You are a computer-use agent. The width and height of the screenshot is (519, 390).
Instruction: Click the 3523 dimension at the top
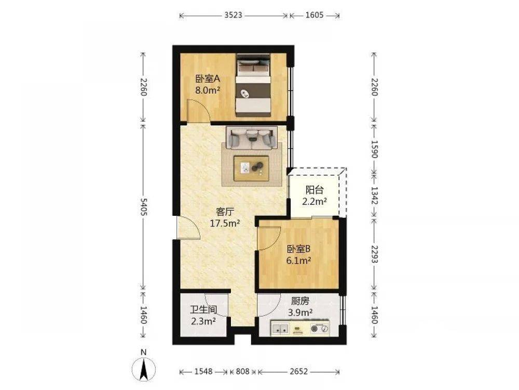tap(234, 15)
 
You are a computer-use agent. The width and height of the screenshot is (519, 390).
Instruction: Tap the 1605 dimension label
tap(315, 15)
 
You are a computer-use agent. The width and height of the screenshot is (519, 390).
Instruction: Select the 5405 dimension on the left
tap(143, 207)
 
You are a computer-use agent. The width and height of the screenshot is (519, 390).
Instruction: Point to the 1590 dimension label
tap(374, 149)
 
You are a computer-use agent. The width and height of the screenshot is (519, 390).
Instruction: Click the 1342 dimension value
tap(374, 196)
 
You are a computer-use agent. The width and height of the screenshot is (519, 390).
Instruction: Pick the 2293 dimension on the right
tap(374, 254)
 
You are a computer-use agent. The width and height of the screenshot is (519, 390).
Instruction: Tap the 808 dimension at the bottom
tap(242, 371)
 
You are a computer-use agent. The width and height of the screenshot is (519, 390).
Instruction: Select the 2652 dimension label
tap(299, 371)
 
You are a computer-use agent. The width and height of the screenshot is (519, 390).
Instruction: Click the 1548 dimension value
tap(203, 371)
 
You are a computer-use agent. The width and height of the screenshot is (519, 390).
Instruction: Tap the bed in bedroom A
tap(253, 85)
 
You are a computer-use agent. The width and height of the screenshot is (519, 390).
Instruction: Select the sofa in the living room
tap(252, 137)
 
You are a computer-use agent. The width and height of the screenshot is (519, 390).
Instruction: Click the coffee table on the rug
tap(251, 168)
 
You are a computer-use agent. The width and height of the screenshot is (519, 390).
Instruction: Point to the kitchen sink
tap(280, 329)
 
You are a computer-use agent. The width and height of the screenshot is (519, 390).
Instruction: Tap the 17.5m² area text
tap(225, 223)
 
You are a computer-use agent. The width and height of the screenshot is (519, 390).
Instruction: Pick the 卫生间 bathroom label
tap(203, 310)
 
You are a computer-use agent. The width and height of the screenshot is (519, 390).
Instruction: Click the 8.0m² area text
tap(208, 90)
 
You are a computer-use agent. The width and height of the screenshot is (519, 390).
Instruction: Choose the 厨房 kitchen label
tap(300, 301)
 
